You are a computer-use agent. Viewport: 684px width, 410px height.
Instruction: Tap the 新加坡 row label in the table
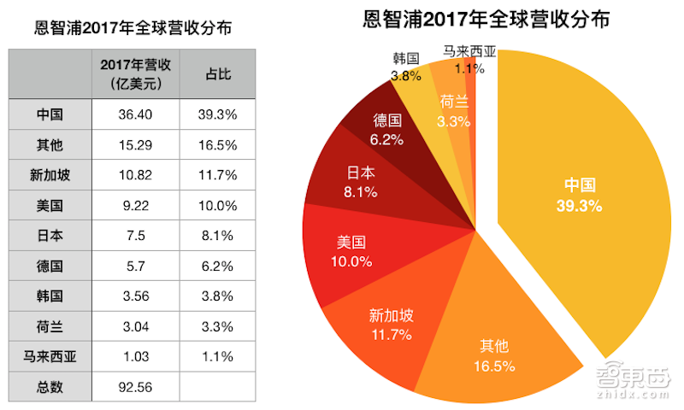tap(50, 175)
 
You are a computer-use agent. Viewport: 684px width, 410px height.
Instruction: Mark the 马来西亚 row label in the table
tap(50, 356)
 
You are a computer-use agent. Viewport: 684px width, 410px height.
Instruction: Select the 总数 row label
tap(50, 387)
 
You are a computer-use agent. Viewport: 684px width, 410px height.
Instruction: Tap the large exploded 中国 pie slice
tap(581, 196)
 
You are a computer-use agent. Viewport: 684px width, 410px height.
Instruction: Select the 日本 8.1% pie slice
tap(354, 180)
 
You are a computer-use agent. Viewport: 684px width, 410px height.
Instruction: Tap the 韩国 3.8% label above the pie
tap(405, 67)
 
